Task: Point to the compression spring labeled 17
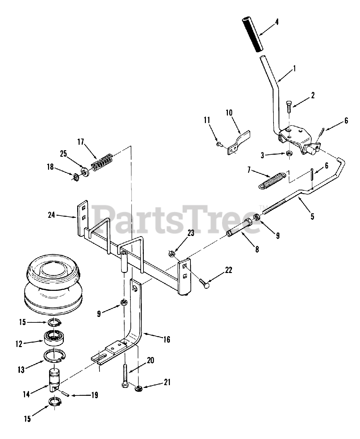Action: coord(102,163)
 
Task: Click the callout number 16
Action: coord(166,340)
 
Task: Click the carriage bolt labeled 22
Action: coord(205,284)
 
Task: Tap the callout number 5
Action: coord(312,216)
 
